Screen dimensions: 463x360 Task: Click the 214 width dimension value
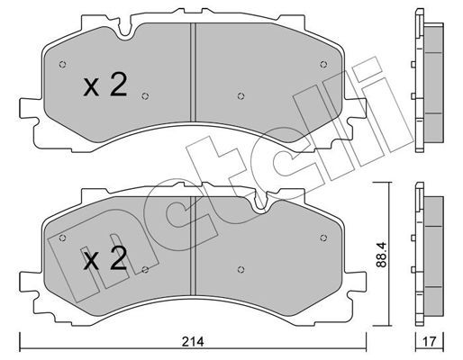194,341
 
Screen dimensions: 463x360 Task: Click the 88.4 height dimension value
382,255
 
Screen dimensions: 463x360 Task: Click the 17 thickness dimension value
430,341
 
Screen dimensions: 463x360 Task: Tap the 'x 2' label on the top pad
105,85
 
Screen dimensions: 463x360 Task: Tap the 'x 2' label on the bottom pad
105,258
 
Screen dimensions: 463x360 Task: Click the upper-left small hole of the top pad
62,64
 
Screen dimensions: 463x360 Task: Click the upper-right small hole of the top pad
323,64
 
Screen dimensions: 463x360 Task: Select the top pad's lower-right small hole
241,96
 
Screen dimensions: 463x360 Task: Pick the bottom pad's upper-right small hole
323,238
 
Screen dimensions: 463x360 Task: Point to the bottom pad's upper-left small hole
62,238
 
